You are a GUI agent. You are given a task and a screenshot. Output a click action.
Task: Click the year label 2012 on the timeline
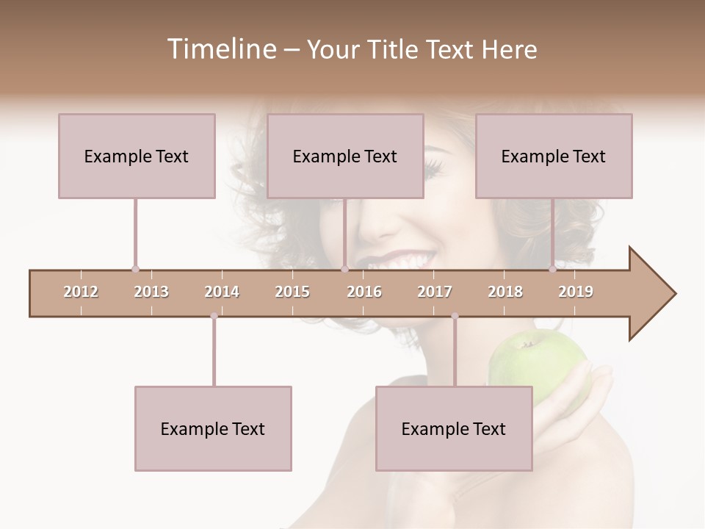(x=81, y=292)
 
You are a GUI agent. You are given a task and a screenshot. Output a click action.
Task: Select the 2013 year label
(x=151, y=292)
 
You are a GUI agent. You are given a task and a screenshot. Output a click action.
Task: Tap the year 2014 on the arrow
(x=222, y=292)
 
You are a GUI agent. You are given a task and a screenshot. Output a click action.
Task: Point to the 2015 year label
(x=292, y=292)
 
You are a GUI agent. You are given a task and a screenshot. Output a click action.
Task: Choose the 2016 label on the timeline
(x=364, y=292)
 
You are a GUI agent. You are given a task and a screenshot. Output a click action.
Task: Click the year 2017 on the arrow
(x=435, y=292)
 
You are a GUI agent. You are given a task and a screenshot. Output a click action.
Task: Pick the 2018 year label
(x=505, y=292)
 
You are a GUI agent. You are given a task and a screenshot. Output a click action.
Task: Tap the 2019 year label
(x=576, y=292)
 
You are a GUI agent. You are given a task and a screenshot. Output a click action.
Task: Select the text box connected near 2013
(x=137, y=156)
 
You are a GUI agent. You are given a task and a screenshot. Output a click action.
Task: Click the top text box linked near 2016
(x=345, y=156)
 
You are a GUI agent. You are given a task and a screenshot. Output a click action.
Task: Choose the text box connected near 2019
(x=554, y=156)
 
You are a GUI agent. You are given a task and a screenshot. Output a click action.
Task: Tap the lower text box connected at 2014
(x=213, y=428)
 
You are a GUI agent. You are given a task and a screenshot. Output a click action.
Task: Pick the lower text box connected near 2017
(x=454, y=428)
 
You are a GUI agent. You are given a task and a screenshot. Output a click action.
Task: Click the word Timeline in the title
(x=221, y=49)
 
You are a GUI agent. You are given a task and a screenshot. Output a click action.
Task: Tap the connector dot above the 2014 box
(x=214, y=316)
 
